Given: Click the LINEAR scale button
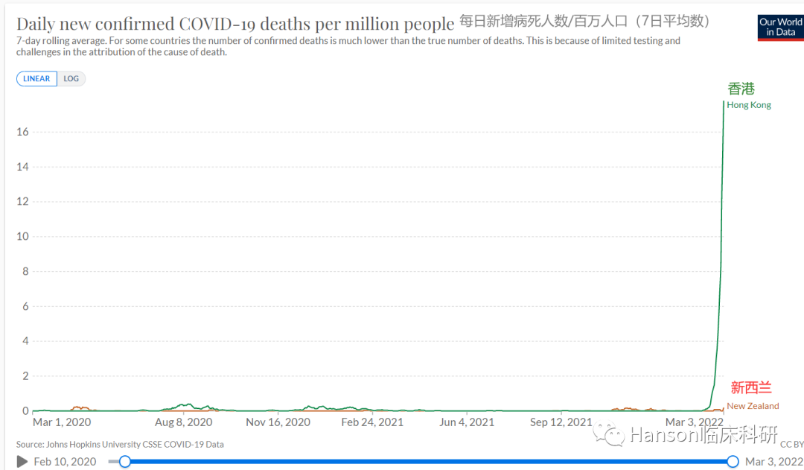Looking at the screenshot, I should (x=36, y=78).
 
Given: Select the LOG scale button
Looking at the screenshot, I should (x=71, y=78).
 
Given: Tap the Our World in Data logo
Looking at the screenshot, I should (x=780, y=27).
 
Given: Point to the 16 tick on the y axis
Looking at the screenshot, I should (x=22, y=132).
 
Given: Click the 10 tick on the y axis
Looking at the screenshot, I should (x=22, y=236).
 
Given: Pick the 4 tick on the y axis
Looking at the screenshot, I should (x=25, y=341).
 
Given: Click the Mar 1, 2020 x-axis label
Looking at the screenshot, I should (x=62, y=422).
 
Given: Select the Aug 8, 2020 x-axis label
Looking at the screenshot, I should (x=185, y=422).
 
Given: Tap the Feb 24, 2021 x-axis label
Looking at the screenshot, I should (x=372, y=422).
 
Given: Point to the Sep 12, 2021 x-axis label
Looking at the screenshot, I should (x=561, y=422).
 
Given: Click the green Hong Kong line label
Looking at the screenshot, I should (x=749, y=105).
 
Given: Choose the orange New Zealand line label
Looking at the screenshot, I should (x=753, y=406).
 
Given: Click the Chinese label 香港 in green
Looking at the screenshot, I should (x=741, y=89).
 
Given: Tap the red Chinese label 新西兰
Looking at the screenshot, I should (x=750, y=388).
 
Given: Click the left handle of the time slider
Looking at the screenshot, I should (x=125, y=461).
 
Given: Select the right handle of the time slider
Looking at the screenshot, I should (x=733, y=461).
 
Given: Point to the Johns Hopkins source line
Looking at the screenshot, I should (x=120, y=444).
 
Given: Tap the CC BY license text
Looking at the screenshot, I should (x=791, y=445).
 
